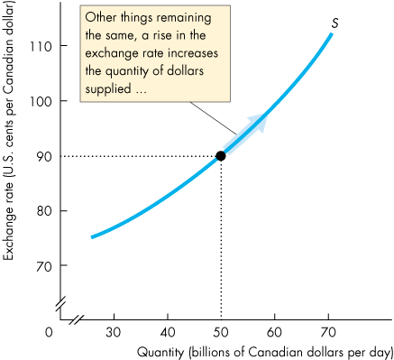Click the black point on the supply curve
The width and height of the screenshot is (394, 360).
click(x=221, y=155)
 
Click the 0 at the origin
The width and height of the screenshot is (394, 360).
click(x=50, y=332)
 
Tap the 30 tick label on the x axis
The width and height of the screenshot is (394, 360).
click(x=115, y=332)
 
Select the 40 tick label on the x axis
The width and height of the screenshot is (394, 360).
click(x=168, y=332)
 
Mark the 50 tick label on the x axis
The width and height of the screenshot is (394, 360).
click(x=221, y=332)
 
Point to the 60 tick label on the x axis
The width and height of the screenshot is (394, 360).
click(x=274, y=332)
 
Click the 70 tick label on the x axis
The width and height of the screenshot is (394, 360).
click(x=327, y=332)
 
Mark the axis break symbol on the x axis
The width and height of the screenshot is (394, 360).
click(x=78, y=318)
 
